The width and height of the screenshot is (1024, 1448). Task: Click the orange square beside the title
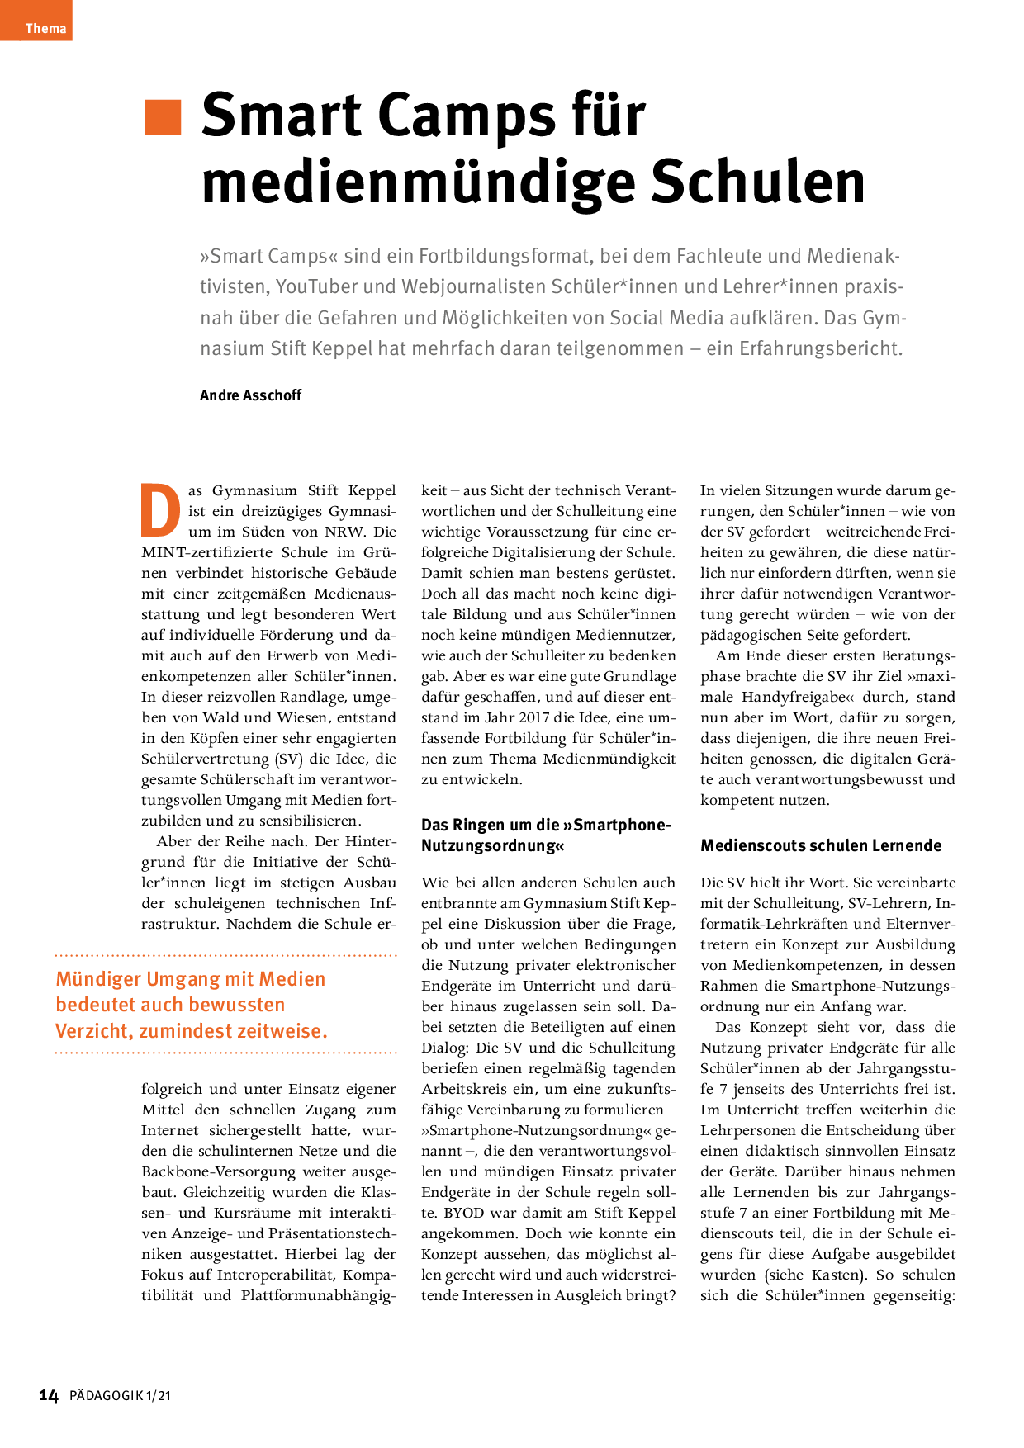163,116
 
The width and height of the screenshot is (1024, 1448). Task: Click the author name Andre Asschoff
250,395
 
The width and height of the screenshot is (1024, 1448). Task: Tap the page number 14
49,1396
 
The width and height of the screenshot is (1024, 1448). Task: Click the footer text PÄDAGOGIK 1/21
120,1396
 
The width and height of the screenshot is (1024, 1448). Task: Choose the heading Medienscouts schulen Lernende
821,845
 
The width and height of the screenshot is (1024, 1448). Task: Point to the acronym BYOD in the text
463,1213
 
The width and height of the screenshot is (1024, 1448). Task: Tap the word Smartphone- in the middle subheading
622,825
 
